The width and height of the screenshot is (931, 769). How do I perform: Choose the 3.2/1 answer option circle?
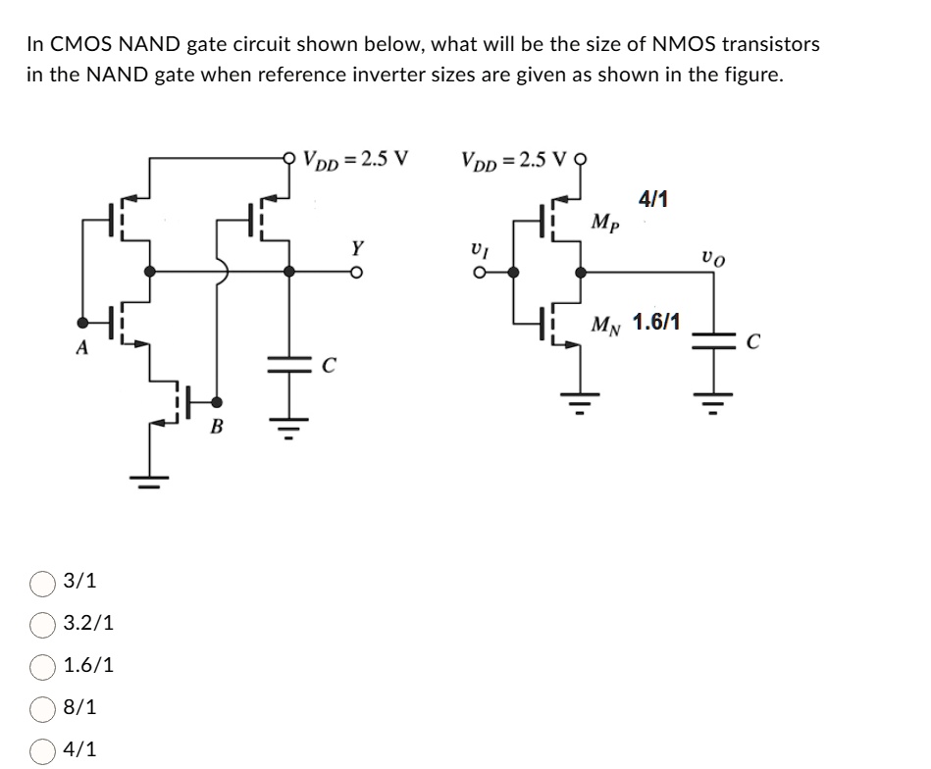[42, 623]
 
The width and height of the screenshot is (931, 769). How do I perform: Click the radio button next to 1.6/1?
[42, 665]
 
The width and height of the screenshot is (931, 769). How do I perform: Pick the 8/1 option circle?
[42, 707]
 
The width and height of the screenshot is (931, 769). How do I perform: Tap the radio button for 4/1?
[42, 749]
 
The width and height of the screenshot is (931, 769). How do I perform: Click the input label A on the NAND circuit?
[83, 346]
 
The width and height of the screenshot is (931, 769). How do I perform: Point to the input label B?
[217, 427]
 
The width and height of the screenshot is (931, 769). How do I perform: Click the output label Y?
[359, 247]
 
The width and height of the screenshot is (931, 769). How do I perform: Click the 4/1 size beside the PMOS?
[653, 199]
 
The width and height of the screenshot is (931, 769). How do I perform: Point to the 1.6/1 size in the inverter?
[659, 322]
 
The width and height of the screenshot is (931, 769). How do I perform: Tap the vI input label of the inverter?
[478, 250]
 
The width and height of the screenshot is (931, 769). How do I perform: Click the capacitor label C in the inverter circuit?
[753, 342]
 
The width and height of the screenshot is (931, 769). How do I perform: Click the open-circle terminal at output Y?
[359, 273]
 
